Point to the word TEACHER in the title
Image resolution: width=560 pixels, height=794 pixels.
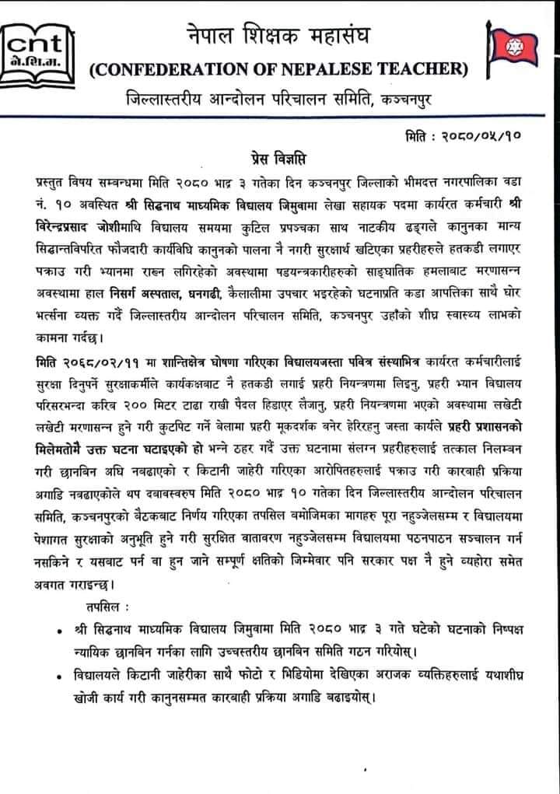pyautogui.click(x=425, y=72)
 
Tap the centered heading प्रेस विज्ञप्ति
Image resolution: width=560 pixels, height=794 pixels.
pyautogui.click(x=279, y=160)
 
